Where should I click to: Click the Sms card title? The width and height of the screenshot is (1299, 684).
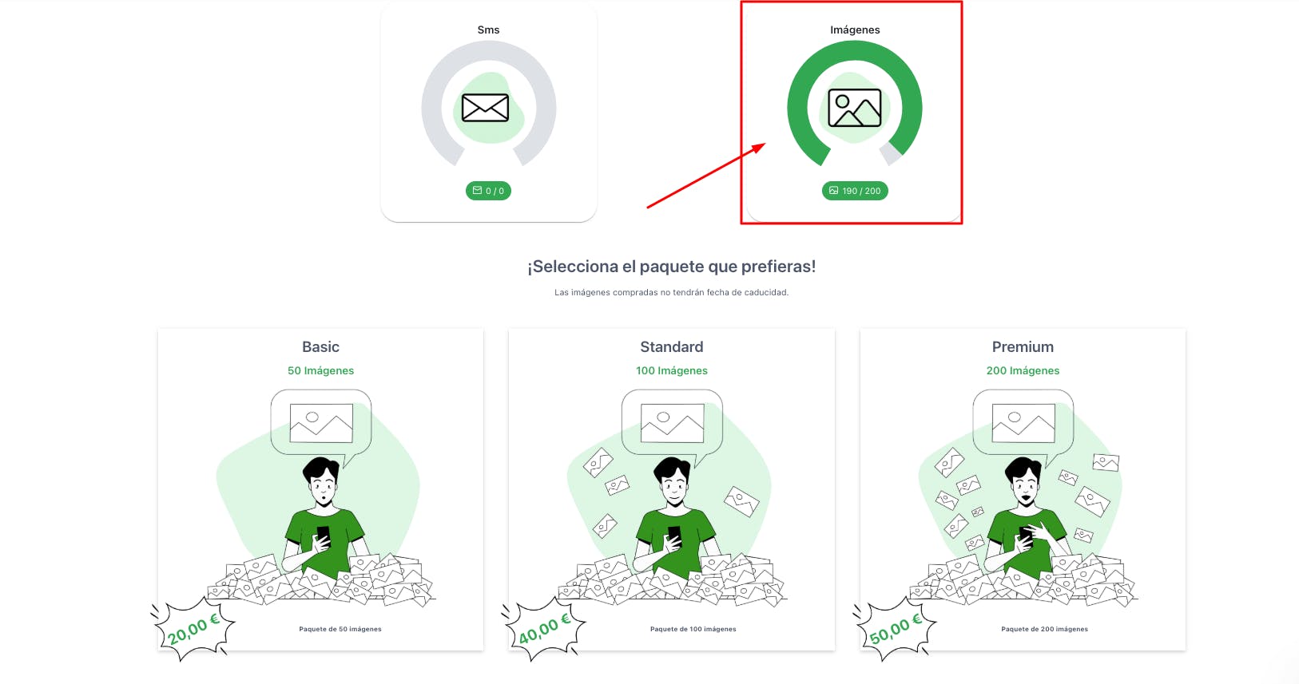click(488, 30)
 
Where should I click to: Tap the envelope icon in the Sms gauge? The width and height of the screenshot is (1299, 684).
click(486, 108)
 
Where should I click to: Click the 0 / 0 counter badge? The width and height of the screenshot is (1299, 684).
click(488, 191)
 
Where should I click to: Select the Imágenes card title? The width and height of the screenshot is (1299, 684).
click(855, 30)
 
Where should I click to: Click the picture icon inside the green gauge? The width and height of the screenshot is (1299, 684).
click(855, 108)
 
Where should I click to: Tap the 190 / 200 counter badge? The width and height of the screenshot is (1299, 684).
click(855, 191)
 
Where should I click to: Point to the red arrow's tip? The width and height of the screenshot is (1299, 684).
click(766, 144)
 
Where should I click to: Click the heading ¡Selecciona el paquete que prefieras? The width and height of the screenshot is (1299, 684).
click(672, 267)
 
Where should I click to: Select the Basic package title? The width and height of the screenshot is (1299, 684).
click(320, 347)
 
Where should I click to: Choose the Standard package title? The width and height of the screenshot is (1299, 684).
click(672, 347)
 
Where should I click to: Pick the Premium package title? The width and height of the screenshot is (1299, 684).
click(1023, 347)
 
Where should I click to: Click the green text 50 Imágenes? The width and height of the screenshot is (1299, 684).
click(320, 370)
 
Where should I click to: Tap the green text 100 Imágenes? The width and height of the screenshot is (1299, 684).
click(672, 370)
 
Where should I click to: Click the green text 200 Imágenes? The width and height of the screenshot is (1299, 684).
click(1023, 370)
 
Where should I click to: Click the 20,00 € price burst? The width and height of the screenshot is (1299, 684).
click(193, 629)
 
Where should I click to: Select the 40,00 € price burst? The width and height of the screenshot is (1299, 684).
click(544, 629)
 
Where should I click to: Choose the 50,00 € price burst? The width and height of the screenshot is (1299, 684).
click(895, 629)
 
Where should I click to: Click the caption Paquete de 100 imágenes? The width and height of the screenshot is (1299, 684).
click(693, 629)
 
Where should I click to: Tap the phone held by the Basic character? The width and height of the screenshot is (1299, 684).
click(324, 536)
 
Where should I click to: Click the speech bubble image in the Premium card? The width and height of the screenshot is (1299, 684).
click(1023, 423)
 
